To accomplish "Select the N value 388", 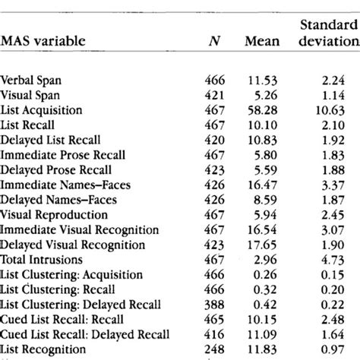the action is pyautogui.click(x=216, y=304).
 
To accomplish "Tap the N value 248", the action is pyautogui.click(x=216, y=349).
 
